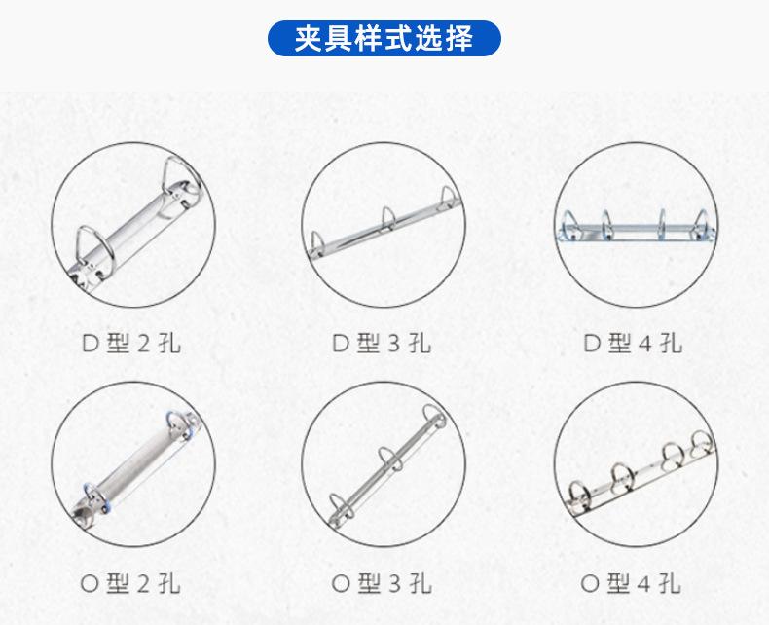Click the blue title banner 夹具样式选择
384,38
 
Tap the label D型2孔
130,343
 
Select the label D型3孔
382,343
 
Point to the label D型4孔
633,343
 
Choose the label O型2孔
130,584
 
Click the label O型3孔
382,584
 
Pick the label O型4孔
633,584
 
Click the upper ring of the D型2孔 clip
182,178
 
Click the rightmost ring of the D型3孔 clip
448,198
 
